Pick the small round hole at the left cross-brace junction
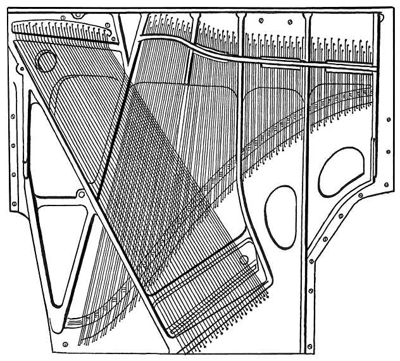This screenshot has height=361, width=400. click(x=80, y=193)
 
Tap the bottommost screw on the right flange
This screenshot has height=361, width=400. click(x=309, y=346)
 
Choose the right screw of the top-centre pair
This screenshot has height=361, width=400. click(x=289, y=23)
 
